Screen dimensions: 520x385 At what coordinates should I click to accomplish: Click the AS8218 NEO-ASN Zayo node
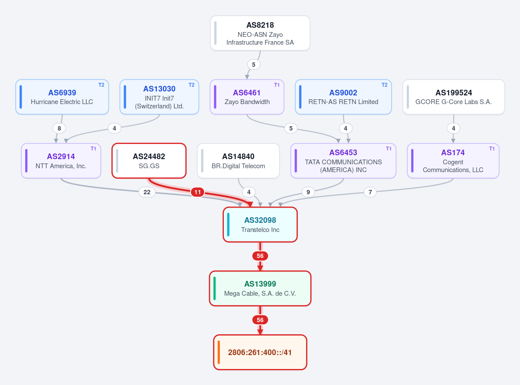point(260,33)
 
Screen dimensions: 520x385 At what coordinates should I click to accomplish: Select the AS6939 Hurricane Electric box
point(62,97)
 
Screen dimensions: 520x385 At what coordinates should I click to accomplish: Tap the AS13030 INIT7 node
point(159,97)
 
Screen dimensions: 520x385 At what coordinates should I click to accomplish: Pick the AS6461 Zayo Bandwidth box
point(247,97)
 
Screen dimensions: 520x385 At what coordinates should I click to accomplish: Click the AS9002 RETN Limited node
point(343,97)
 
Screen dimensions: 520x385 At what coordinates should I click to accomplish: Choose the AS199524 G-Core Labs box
point(454,97)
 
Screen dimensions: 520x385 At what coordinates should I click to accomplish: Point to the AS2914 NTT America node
point(61,161)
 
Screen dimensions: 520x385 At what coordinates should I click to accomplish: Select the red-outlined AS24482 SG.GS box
point(149,161)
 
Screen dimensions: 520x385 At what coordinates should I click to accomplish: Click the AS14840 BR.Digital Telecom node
point(239,161)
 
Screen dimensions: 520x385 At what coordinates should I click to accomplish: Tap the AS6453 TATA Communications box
point(343,161)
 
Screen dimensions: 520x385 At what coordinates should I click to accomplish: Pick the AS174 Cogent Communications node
point(453,161)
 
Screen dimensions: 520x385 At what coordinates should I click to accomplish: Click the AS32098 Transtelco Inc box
point(260,225)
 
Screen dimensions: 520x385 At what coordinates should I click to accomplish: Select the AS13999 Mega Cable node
point(260,288)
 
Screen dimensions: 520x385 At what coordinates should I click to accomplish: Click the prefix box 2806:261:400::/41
point(260,352)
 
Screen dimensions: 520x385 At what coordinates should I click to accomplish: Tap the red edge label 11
point(197,192)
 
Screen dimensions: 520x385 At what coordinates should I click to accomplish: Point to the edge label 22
point(147,192)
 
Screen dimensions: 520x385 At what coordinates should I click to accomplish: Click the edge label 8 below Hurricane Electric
point(59,128)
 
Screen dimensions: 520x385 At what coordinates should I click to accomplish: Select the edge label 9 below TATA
point(308,192)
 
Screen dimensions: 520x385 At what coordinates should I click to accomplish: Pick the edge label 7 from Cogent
point(370,192)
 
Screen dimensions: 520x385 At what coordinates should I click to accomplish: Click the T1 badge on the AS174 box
point(492,149)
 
